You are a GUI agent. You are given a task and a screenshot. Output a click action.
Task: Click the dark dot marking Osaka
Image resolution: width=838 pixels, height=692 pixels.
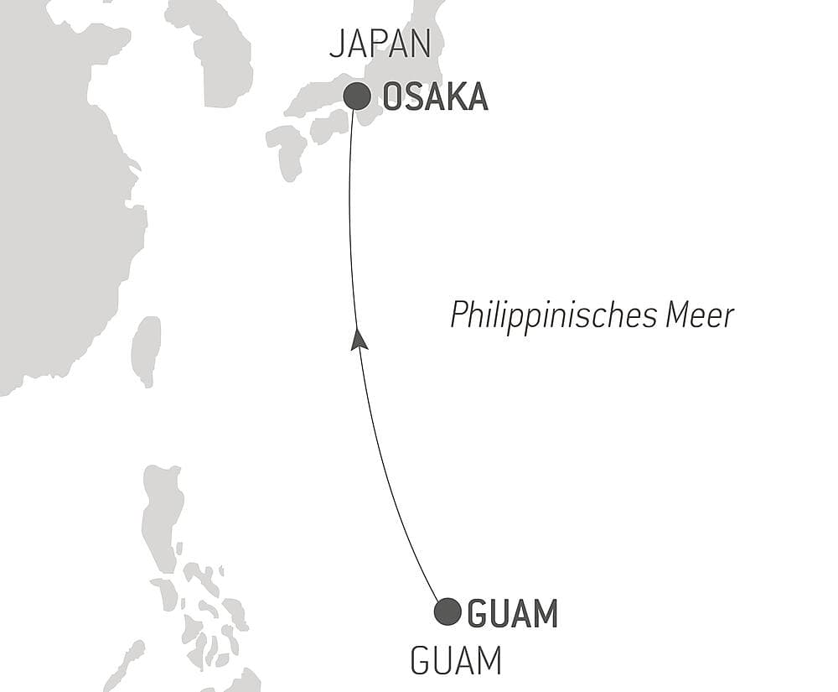(357, 96)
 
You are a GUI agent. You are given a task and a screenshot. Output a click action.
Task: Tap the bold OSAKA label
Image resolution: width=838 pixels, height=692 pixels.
(435, 97)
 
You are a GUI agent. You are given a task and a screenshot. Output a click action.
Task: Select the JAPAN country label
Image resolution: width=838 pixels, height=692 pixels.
(380, 44)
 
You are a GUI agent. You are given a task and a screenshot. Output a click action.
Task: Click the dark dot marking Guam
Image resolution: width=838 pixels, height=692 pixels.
(447, 611)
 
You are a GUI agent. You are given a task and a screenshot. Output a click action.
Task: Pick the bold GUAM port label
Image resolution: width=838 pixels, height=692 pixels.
(512, 615)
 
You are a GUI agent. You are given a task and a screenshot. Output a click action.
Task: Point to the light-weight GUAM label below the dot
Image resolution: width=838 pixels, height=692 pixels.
(455, 662)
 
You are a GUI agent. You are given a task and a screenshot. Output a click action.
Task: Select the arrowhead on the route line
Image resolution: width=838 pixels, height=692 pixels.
(358, 339)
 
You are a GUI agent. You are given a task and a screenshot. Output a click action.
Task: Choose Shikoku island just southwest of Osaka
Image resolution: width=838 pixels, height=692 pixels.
(328, 127)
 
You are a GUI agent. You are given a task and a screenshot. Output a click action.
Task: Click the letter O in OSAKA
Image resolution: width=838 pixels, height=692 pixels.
(392, 97)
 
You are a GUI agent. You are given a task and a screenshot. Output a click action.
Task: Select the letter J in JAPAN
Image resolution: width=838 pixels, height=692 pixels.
(336, 44)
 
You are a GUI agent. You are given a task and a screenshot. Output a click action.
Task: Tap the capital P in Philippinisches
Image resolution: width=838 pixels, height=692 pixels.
(459, 315)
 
